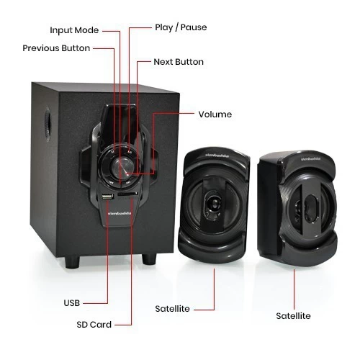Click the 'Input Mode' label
pos(74,30)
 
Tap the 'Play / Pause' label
pos(181,27)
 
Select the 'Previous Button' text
pos(56,48)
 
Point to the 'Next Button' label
pos(179,62)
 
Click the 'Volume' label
pos(215,114)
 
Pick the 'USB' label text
pos(72,303)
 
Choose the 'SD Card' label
pos(94,325)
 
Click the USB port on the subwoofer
pos(107,197)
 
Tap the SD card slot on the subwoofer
pos(127,194)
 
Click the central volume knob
pos(122,167)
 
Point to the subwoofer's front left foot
pos(72,262)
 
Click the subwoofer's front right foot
pos(149,258)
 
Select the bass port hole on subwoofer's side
pos(48,125)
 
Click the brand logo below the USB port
pos(120,213)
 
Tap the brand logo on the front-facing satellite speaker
pos(217,156)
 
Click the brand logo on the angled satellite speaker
pos(310,159)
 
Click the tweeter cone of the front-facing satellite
pos(214,205)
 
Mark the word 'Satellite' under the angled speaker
pos(293,316)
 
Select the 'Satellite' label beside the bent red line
pos(172,309)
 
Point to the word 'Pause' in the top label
pos(194,27)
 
